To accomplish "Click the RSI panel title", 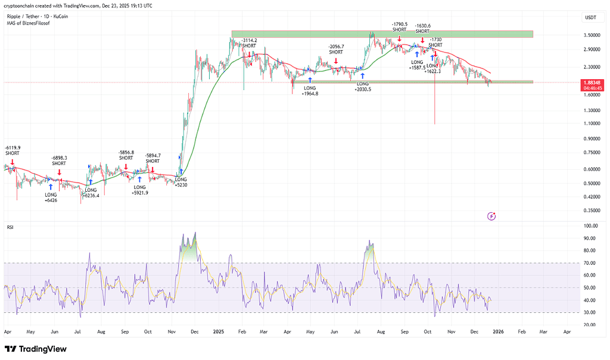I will coord(11,227).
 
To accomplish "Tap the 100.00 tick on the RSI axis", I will coord(591,226).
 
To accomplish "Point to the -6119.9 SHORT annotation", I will coord(13,150).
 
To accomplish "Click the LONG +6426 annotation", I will coord(51,197).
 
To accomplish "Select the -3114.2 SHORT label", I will coord(249,43).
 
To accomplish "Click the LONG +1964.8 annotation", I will coord(310,91).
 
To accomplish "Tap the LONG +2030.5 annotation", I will coord(363,86).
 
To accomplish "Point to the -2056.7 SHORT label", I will coord(336,49).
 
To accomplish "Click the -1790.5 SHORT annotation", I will coord(399,27).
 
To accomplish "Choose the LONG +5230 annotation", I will coord(180,182).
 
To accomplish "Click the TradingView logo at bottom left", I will coord(36,349).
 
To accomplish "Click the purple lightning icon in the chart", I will coord(491,216).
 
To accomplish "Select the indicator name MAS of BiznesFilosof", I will coord(27,23).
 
